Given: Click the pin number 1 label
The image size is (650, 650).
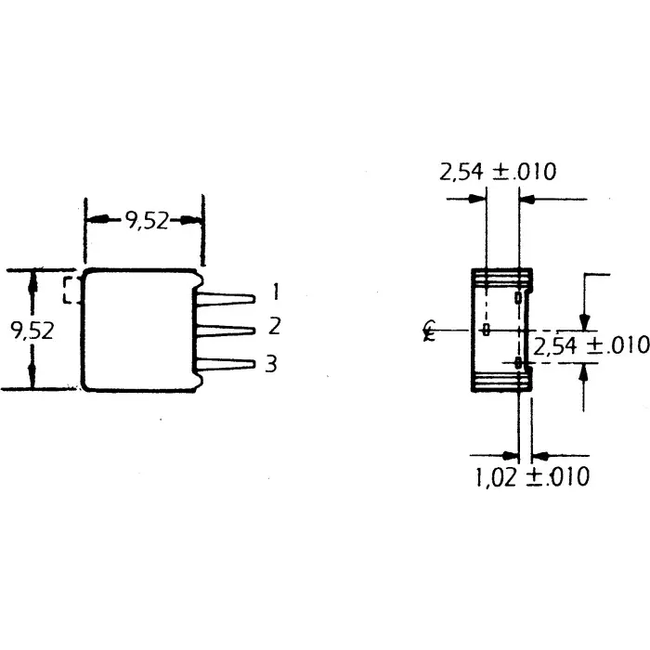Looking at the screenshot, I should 275,292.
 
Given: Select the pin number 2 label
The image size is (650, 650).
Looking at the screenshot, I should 274,327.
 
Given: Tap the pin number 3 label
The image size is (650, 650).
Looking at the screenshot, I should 271,364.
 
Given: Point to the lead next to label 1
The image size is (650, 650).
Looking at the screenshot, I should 227,298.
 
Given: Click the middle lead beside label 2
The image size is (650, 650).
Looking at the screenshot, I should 227,330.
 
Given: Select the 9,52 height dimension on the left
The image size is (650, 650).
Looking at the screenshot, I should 32,331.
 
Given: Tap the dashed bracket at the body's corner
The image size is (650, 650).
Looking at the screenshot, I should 70,289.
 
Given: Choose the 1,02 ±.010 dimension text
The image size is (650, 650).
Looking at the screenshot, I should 531,477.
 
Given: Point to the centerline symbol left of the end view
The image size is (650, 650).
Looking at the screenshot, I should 428,331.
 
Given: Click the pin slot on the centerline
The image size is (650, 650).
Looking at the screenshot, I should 486,331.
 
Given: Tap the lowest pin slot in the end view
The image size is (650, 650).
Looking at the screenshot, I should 517,363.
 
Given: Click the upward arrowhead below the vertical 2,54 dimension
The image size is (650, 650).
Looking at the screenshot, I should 583,370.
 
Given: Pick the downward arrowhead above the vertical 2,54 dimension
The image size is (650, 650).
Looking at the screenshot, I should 583,321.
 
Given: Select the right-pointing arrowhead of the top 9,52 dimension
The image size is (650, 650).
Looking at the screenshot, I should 194,220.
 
